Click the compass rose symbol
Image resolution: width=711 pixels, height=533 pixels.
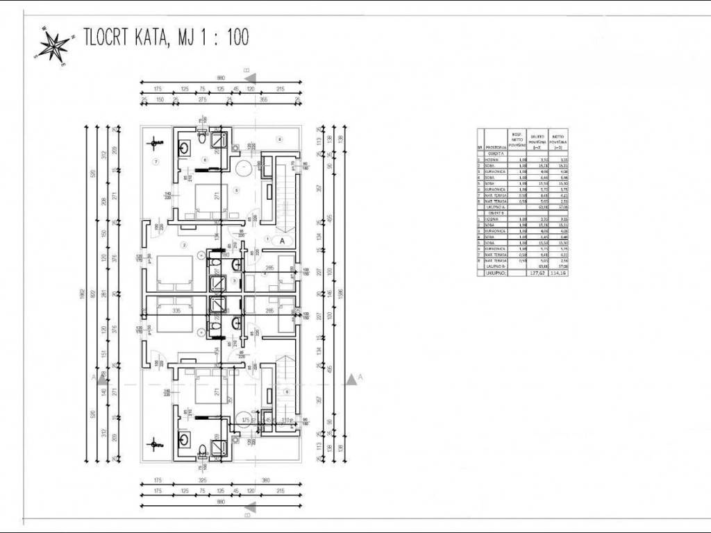[x=53, y=46]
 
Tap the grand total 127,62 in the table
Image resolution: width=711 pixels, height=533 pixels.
[x=535, y=273]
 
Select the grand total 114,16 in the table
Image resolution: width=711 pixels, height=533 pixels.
[x=558, y=273]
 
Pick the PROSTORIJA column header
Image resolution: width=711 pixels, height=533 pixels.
[x=495, y=148]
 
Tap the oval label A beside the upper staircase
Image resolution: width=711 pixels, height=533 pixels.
[x=283, y=241]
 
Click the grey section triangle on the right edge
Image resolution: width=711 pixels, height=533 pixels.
[x=353, y=378]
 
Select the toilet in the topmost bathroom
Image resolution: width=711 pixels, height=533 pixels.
[x=201, y=138]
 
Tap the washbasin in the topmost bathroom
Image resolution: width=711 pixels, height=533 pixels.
[x=185, y=146]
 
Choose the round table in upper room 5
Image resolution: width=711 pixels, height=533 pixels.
[x=244, y=171]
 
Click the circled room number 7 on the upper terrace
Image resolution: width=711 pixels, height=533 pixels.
[x=157, y=162]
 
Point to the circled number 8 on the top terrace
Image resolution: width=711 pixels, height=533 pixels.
[x=279, y=139]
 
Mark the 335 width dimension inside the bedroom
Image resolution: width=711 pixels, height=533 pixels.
[x=176, y=311]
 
